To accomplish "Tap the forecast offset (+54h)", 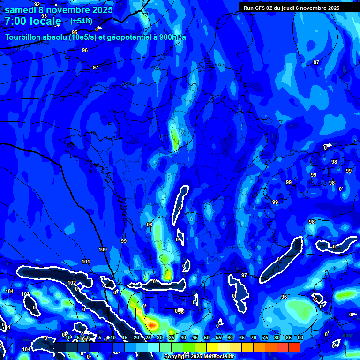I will tap(81, 21).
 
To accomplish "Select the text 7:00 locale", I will tap(33, 21).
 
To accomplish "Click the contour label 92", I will tap(37, 4).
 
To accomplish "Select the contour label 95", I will tap(75, 32).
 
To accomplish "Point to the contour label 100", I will tap(103, 249).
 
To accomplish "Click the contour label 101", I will tap(86, 262).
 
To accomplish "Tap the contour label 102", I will tap(72, 283).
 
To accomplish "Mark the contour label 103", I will tap(25, 294).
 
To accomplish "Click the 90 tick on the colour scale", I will tap(300, 337).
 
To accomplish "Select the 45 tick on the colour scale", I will tap(195, 337).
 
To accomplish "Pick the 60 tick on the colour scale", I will tap(230, 337).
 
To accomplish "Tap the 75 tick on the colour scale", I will tap(265, 337).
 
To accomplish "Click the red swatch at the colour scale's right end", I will tap(294, 347).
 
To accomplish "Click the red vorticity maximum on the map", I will tap(151, 323).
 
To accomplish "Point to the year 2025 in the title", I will tap(100, 10).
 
